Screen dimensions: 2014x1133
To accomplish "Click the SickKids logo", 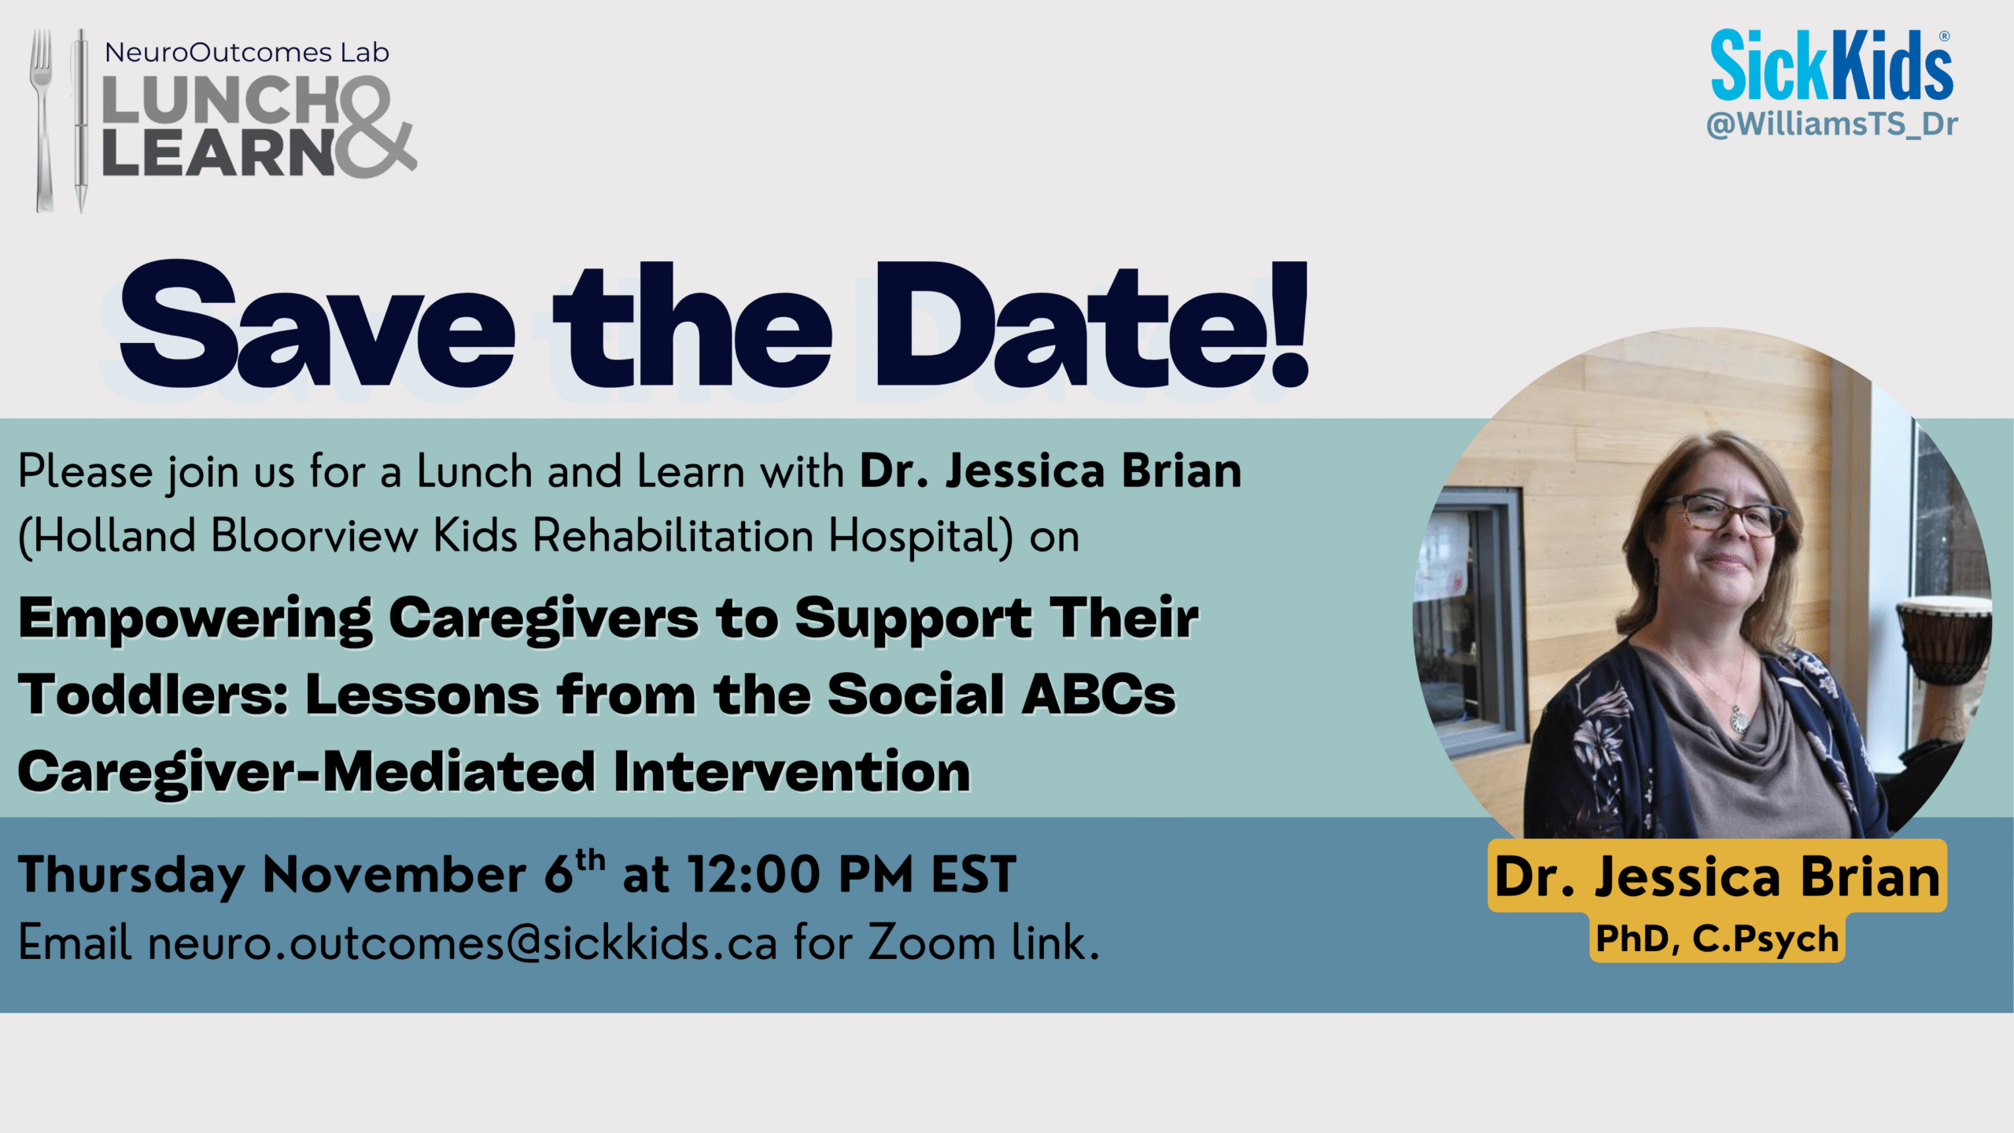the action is [x=1831, y=65].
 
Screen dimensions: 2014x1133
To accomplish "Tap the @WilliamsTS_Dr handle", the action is [x=1831, y=125].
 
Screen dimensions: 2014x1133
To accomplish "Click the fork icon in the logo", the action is [x=42, y=120].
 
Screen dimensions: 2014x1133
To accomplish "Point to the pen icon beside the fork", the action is [x=80, y=120].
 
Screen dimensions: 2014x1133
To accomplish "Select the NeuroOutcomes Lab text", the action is [x=247, y=53].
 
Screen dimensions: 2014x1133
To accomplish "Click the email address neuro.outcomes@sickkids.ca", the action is [x=463, y=943].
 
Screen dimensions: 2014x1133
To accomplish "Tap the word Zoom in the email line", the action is [x=931, y=943].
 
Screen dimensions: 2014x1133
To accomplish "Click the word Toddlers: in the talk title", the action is [x=154, y=695].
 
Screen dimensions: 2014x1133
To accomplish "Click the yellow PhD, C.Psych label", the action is [x=1717, y=939].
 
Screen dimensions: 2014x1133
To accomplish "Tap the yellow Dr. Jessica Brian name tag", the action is [x=1717, y=876].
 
